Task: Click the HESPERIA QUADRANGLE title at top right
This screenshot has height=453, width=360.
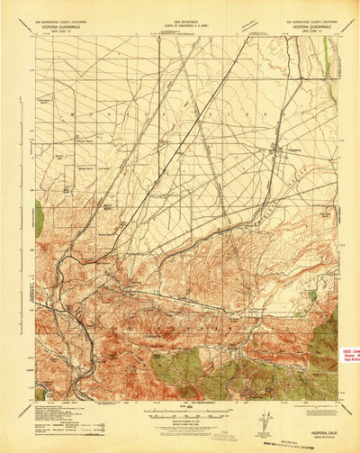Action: pos(311,27)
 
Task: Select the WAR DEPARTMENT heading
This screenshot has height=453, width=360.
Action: pos(183,23)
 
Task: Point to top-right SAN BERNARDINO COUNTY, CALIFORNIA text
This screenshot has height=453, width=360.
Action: pos(311,23)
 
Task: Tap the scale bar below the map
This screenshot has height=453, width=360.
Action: pos(183,414)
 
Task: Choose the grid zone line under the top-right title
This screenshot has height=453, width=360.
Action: pos(311,32)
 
